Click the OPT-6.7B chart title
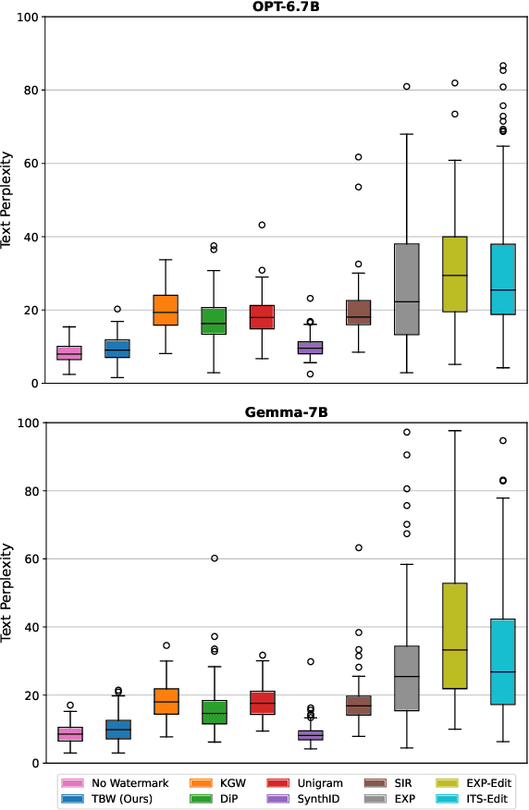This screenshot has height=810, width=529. click(x=286, y=7)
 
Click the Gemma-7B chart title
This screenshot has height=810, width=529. click(x=286, y=412)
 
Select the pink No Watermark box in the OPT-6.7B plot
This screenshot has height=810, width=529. click(x=69, y=353)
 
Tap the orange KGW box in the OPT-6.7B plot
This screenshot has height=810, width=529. click(x=166, y=310)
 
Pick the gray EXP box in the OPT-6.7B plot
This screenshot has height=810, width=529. click(x=406, y=288)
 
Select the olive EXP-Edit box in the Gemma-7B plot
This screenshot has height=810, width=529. click(x=454, y=636)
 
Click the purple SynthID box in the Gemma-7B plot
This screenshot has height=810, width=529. click(x=310, y=735)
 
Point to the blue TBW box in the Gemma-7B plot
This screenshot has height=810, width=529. click(x=117, y=729)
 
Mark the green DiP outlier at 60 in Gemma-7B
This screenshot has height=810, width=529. click(x=214, y=558)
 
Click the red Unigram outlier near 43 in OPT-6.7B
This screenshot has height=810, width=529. click(x=262, y=225)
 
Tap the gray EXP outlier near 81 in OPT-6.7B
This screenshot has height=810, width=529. click(x=406, y=87)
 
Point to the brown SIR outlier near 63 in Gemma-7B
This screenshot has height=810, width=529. click(x=358, y=548)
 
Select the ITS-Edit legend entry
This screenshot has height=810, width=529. click(x=475, y=799)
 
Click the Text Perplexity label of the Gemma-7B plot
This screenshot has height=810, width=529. click(x=7, y=593)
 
